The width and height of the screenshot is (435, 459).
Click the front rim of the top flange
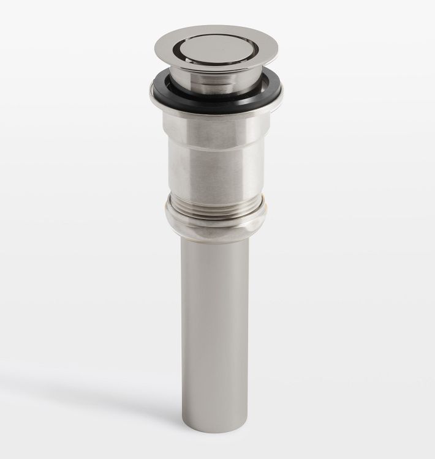217,69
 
